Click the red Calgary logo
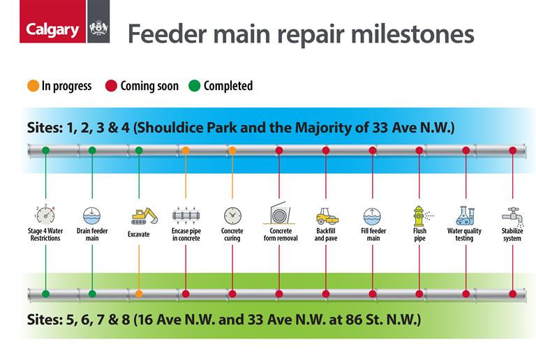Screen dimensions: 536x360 pos(52,22)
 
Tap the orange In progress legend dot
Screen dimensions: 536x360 pos(33,86)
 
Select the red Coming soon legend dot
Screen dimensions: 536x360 pos(111,86)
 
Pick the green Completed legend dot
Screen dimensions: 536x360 pos(194,86)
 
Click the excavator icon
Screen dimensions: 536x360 pos(144,216)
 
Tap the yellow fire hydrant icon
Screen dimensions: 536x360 pos(419,216)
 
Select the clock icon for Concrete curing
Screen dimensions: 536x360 pos(232,216)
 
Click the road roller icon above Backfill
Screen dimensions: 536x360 pos(327,216)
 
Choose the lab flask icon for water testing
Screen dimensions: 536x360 pos(465,216)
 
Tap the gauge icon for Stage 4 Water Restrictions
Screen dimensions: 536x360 pos(45,215)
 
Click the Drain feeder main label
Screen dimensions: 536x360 pos(92,234)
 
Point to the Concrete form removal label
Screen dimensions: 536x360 pos(281,234)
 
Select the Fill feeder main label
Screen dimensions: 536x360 pos(373,234)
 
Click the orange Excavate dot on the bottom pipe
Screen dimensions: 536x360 pos(139,294)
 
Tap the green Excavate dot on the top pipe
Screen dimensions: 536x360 pos(139,150)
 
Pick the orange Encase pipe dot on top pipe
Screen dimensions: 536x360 pos(186,150)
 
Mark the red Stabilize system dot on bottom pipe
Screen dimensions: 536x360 pos(512,294)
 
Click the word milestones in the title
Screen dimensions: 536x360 pos(412,34)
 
